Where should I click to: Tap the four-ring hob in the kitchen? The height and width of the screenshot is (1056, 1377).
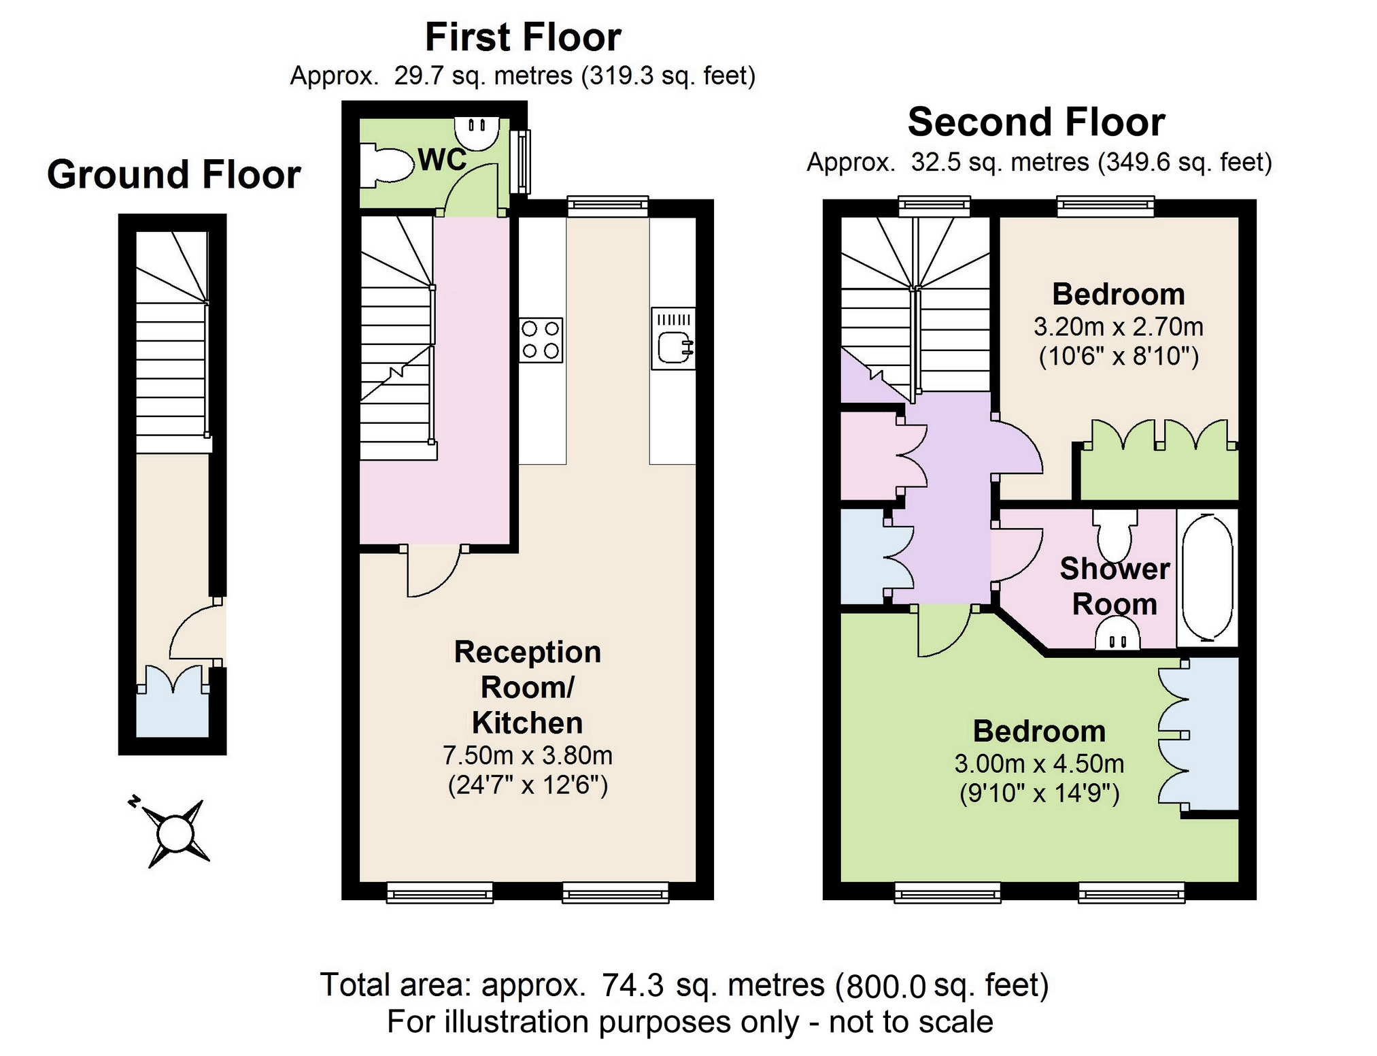pyautogui.click(x=541, y=340)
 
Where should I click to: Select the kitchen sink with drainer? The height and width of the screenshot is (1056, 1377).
pyautogui.click(x=673, y=338)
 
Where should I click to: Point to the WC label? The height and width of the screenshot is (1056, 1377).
pyautogui.click(x=442, y=160)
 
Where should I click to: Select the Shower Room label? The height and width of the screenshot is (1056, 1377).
pyautogui.click(x=1115, y=586)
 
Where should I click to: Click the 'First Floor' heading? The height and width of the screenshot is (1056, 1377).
pyautogui.click(x=522, y=37)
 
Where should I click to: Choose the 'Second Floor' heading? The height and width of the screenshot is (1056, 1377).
pyautogui.click(x=1036, y=122)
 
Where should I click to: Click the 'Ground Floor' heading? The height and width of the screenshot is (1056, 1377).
pyautogui.click(x=173, y=175)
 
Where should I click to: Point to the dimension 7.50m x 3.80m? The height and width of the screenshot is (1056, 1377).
pyautogui.click(x=528, y=755)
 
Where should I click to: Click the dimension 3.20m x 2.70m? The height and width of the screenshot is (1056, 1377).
pyautogui.click(x=1119, y=327)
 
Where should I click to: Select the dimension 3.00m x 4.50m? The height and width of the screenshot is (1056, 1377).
pyautogui.click(x=1039, y=763)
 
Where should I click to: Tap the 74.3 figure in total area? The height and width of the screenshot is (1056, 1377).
pyautogui.click(x=632, y=985)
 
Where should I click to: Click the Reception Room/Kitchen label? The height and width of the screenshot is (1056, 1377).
pyautogui.click(x=528, y=687)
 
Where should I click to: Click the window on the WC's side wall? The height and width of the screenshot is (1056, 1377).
pyautogui.click(x=522, y=162)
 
